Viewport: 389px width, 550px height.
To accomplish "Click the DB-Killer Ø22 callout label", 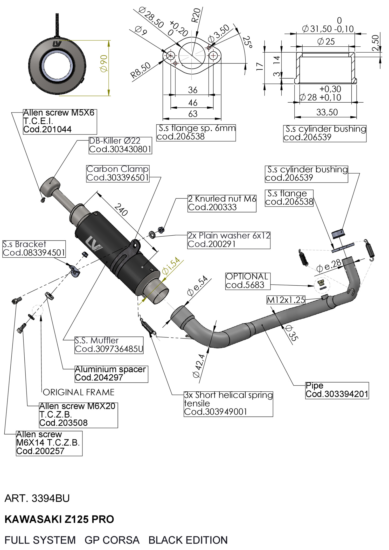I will pos(120,145).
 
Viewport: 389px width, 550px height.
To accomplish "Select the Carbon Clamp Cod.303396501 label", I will pos(118,173).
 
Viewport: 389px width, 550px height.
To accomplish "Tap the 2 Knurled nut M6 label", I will pos(222,203).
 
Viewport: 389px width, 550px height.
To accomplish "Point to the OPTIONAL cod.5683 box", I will pos(247,281).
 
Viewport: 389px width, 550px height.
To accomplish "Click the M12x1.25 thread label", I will pos(286,300).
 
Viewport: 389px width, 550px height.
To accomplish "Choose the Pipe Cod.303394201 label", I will pos(337,390).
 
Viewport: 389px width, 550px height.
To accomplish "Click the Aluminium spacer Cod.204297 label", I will pos(111,373).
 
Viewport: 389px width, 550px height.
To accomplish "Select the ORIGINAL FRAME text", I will pos(79,392).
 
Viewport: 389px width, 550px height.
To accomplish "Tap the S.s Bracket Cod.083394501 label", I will pos(34,249).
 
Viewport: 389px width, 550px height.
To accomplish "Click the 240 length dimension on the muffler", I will pos(121,210).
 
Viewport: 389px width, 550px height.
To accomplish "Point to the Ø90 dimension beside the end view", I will pos(104,64).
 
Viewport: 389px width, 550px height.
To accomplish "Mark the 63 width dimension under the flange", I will pos(193,114).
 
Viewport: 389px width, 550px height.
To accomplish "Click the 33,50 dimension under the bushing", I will pos(327,112).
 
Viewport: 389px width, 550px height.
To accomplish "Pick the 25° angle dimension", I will pos(247,42).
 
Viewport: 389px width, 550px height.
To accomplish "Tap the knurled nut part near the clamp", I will pos(161,229).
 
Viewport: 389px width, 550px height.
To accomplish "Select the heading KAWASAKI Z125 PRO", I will pos(59,519).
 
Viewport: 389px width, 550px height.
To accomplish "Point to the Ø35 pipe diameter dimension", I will pos(292,333).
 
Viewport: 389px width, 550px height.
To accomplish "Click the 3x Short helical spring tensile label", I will pos(228,404).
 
